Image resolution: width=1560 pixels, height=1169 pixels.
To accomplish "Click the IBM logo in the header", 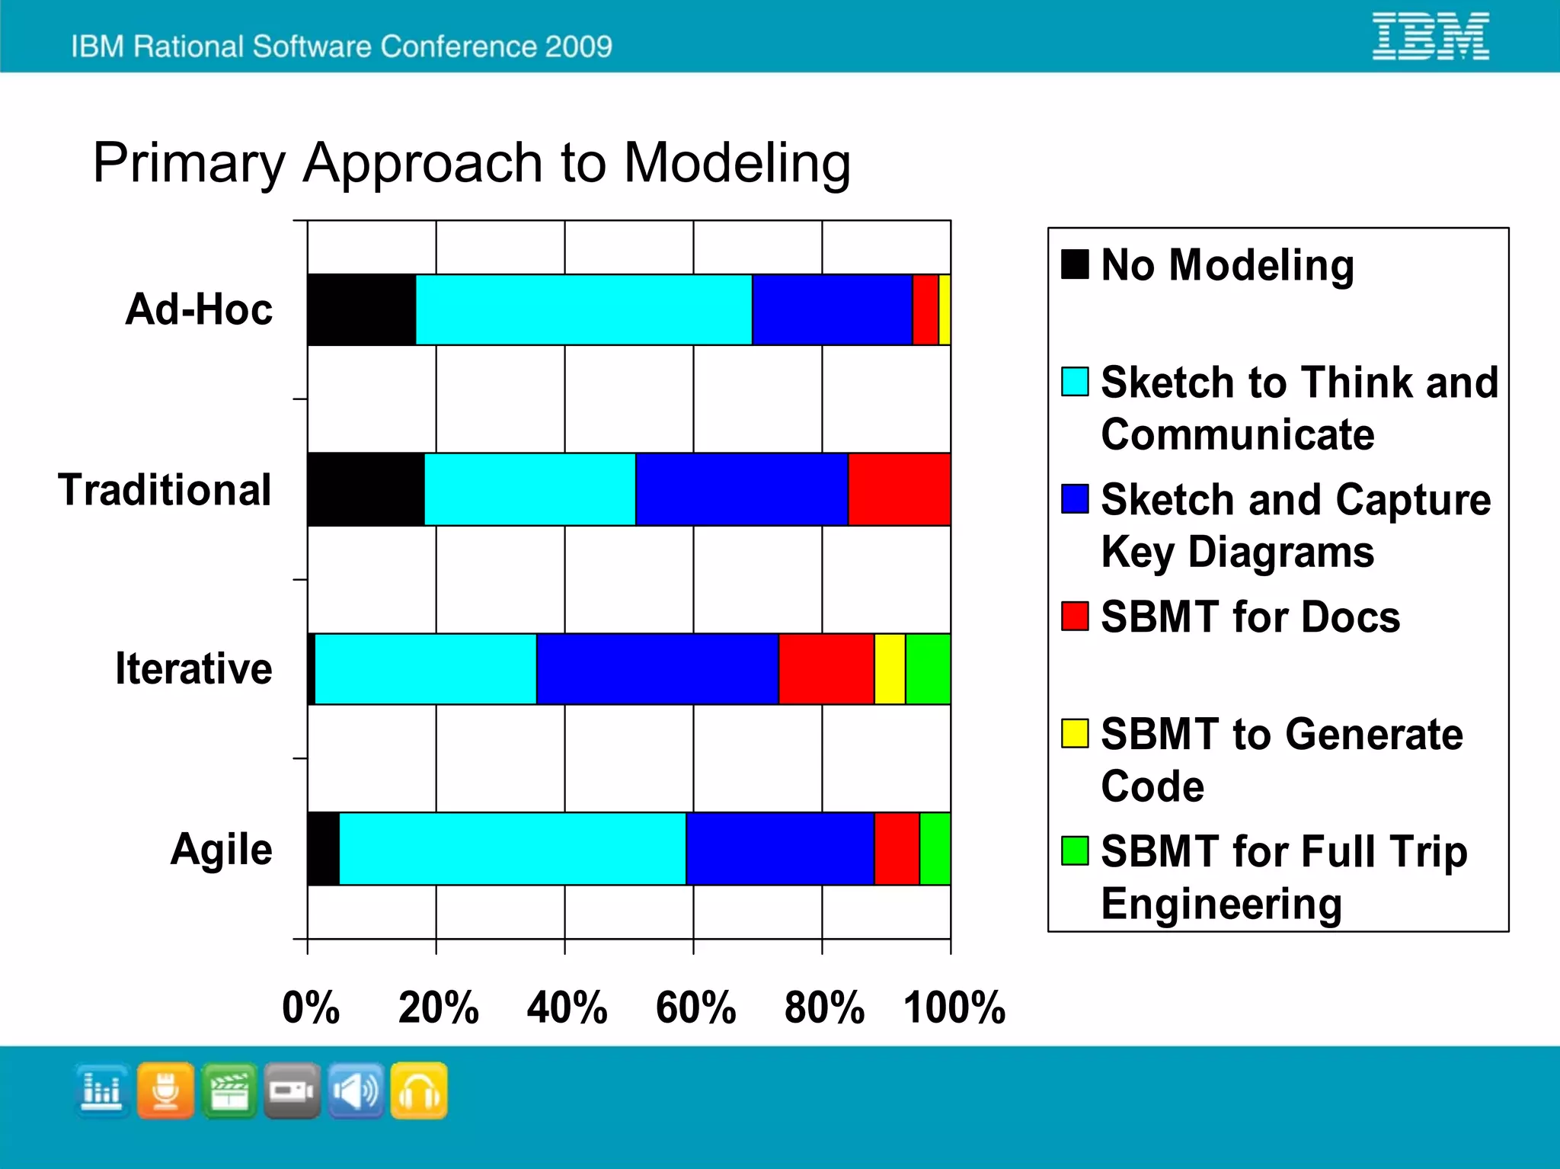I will (1431, 36).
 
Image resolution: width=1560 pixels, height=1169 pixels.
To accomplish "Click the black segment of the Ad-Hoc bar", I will (362, 309).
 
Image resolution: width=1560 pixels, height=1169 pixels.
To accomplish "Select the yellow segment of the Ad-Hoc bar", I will (945, 309).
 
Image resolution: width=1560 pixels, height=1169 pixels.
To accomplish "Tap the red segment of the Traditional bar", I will (899, 489).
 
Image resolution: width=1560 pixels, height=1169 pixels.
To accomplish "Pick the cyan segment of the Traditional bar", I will (529, 489).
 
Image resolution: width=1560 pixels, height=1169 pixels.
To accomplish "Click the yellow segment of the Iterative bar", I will (890, 669).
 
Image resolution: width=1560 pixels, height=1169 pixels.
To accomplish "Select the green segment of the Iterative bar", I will (928, 669).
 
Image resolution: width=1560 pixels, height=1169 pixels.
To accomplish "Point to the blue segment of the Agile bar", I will (779, 849).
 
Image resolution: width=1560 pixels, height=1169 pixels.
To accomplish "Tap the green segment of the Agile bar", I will (935, 849).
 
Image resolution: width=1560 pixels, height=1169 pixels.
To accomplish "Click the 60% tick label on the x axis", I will (695, 1007).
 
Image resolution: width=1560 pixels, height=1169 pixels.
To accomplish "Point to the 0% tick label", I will (310, 1007).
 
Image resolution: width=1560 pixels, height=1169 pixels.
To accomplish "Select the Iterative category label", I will (193, 669).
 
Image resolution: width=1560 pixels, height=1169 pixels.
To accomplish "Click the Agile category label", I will (221, 849).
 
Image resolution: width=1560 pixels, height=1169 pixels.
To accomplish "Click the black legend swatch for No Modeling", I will (1075, 264).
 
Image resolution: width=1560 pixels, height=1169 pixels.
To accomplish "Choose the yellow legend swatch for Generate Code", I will (1075, 733).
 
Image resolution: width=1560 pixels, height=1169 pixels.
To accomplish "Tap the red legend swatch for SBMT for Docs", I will (1075, 616).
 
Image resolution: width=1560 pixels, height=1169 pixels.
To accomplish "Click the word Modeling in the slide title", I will (737, 164).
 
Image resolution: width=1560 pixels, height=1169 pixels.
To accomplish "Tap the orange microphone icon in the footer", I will (165, 1091).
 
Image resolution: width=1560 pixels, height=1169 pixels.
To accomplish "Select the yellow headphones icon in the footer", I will (419, 1091).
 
